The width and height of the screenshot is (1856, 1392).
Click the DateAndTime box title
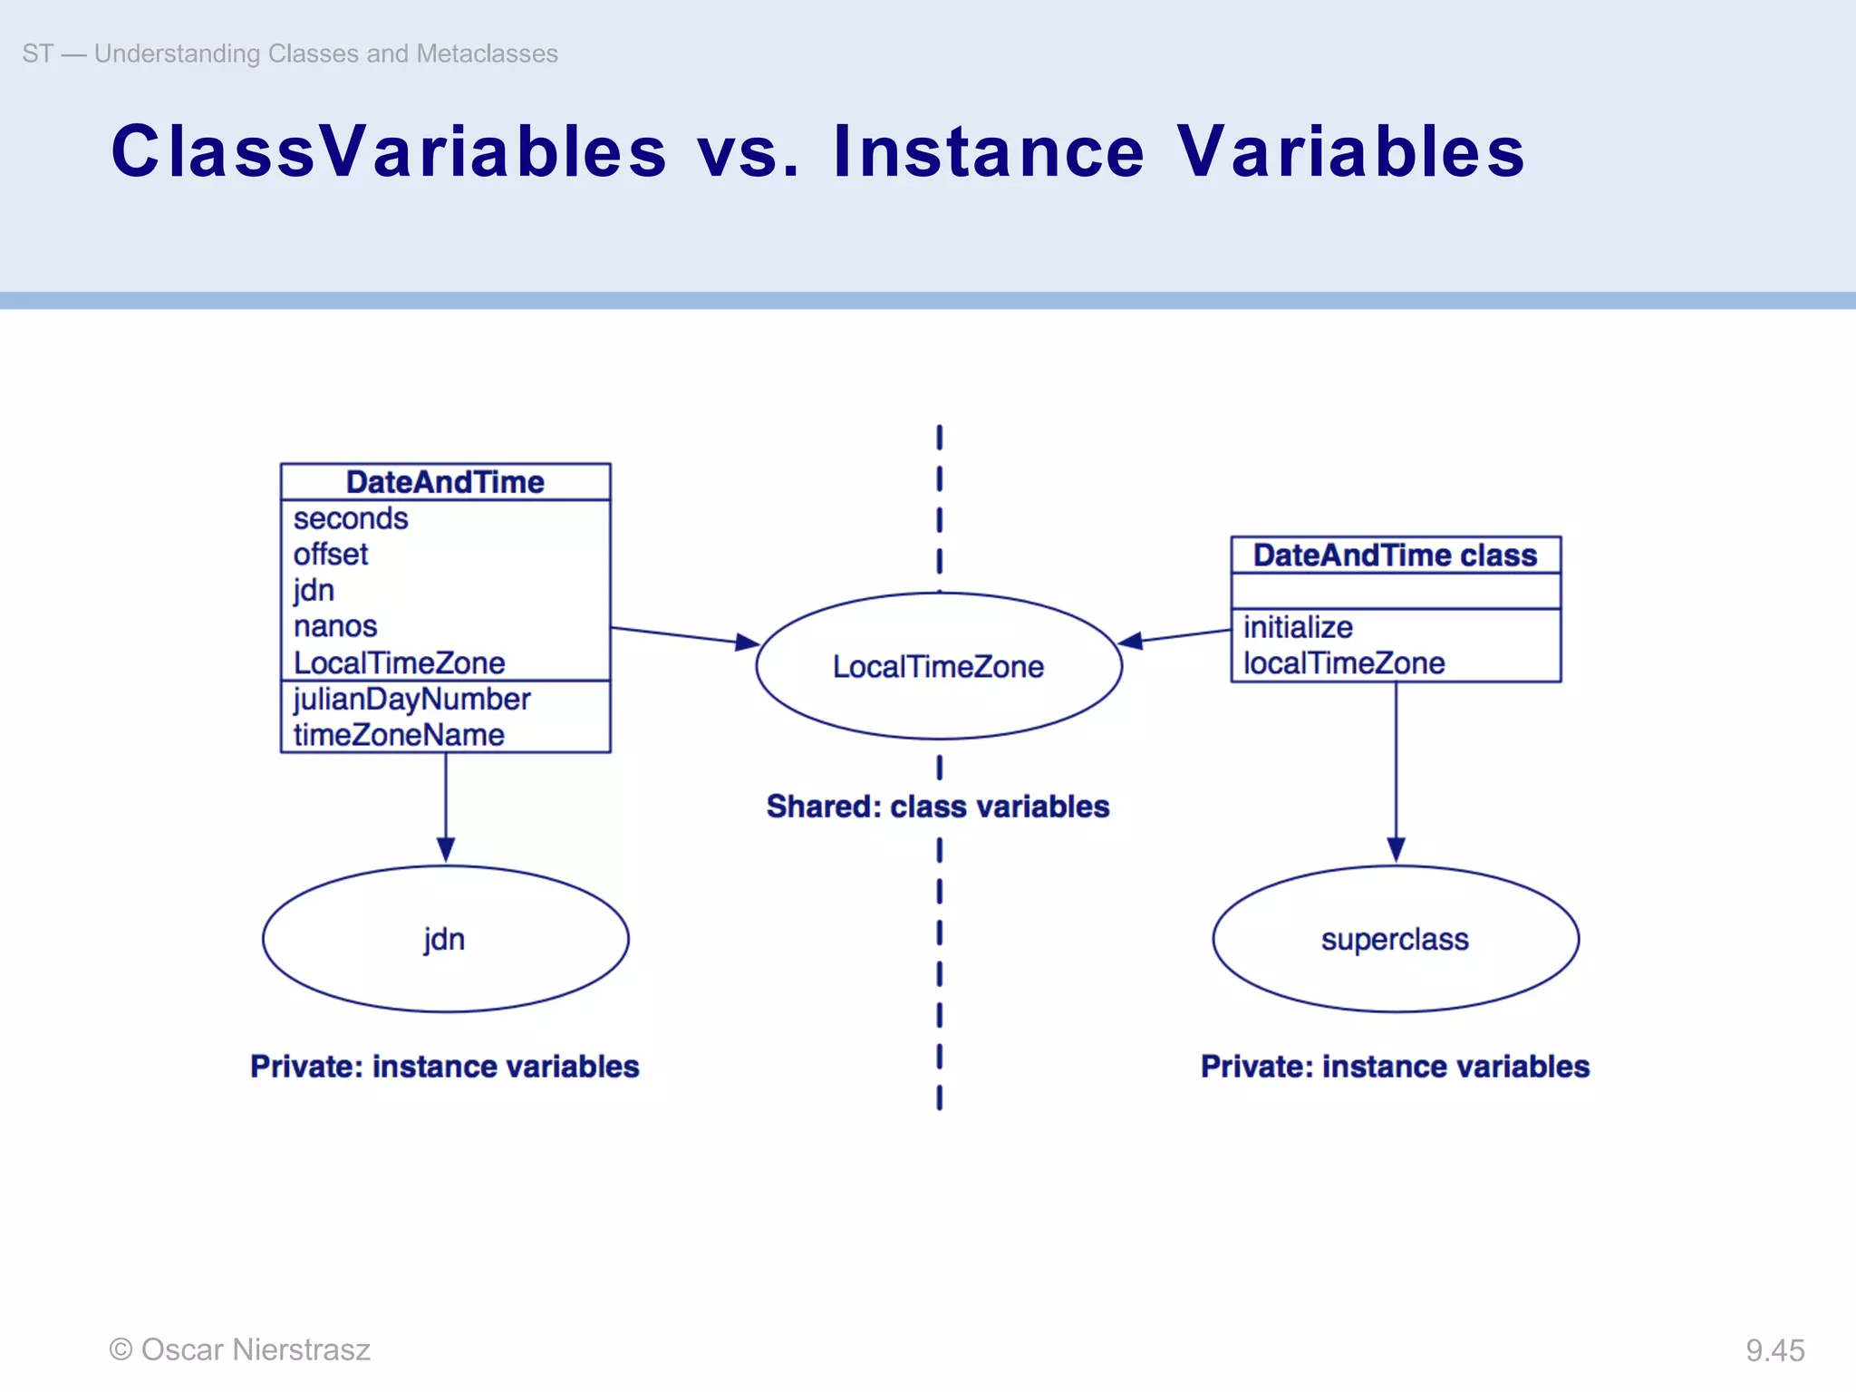445,482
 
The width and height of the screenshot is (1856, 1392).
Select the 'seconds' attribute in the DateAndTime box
351,518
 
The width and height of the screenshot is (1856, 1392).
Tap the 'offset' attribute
331,554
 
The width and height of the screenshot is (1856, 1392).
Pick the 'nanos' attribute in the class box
335,626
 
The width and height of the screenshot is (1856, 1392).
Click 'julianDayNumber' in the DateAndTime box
411,699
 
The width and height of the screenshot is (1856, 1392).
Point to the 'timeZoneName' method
399,735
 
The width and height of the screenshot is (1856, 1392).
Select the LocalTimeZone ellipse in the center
939,666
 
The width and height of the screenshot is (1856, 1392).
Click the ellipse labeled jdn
445,939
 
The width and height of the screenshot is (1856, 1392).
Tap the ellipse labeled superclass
1396,939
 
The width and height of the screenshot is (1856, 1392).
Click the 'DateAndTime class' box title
1396,555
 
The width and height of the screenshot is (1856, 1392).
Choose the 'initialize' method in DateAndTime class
1298,627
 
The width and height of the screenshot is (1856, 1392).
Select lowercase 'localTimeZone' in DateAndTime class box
1344,663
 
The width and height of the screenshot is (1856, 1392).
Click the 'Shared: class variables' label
938,807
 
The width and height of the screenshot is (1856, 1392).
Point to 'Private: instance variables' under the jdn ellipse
445,1067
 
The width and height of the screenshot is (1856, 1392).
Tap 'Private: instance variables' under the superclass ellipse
1396,1067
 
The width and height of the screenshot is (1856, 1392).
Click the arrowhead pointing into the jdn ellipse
445,850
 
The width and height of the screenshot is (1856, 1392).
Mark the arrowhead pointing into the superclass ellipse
1396,850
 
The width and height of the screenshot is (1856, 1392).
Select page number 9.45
1774,1350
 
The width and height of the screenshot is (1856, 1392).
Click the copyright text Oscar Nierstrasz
240,1349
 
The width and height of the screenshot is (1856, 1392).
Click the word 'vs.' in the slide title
749,151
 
